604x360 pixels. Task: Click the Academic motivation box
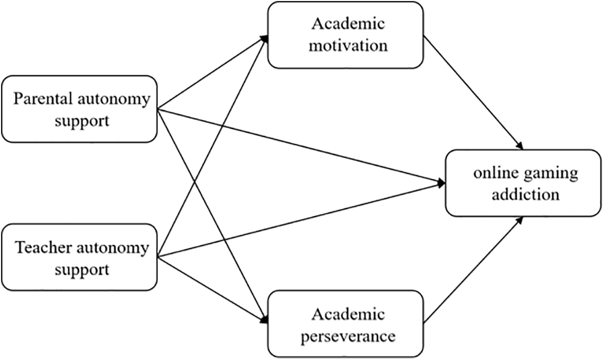point(345,34)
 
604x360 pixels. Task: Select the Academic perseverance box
point(345,324)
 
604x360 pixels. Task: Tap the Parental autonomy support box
point(79,109)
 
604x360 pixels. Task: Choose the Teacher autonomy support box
point(79,258)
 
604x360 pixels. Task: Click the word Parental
point(44,99)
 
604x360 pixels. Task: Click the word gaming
point(552,173)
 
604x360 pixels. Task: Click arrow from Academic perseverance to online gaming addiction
point(473,272)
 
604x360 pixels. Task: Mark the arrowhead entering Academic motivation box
point(264,40)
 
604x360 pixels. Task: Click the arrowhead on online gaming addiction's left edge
point(442,182)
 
